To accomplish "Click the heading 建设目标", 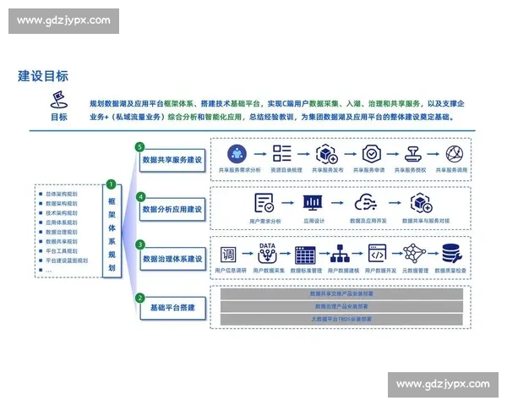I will pyautogui.click(x=44, y=75).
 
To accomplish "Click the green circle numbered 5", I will pyautogui.click(x=140, y=146).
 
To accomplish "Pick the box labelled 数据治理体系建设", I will pyautogui.click(x=172, y=258).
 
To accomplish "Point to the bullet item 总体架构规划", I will pyautogui.click(x=61, y=194).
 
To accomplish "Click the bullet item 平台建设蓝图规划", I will pyautogui.click(x=66, y=261).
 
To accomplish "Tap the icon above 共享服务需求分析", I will pyautogui.click(x=237, y=154).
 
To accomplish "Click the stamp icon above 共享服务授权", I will pyautogui.click(x=414, y=154).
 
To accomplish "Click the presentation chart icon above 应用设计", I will pyautogui.click(x=313, y=204).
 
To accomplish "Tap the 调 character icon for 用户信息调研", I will pyautogui.click(x=228, y=254).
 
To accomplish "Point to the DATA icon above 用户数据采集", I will pyautogui.click(x=267, y=253).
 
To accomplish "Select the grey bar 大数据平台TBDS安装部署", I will pyautogui.click(x=341, y=320).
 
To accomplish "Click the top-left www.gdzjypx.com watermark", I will pyautogui.click(x=63, y=20).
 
